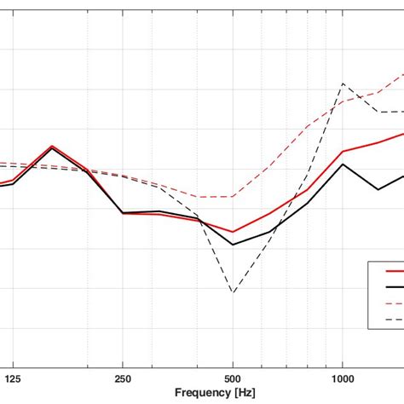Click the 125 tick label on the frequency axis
click(x=12, y=376)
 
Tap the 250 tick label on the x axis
click(x=123, y=376)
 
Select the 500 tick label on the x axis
click(x=233, y=376)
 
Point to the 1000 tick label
click(x=342, y=376)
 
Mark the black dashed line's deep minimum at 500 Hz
click(x=233, y=292)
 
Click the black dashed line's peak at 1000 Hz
click(x=343, y=84)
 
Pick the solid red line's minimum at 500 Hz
click(x=233, y=232)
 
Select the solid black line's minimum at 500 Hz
click(x=233, y=245)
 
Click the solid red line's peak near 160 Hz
click(x=52, y=146)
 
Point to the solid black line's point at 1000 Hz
click(x=343, y=164)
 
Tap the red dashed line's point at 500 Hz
click(x=233, y=197)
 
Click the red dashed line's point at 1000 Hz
click(x=343, y=101)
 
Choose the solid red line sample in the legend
click(x=394, y=271)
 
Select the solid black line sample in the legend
click(x=394, y=287)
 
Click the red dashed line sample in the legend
click(x=394, y=303)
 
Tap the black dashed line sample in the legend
click(x=394, y=320)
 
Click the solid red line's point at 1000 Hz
click(x=343, y=152)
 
